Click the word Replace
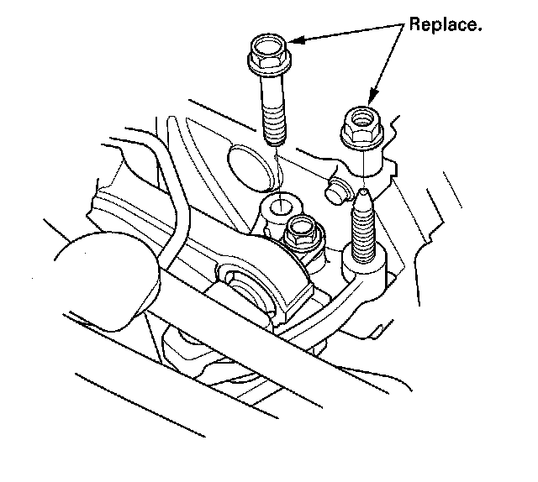(x=446, y=24)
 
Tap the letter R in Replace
(x=414, y=24)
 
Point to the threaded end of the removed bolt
(x=273, y=126)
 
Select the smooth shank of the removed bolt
(x=270, y=92)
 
